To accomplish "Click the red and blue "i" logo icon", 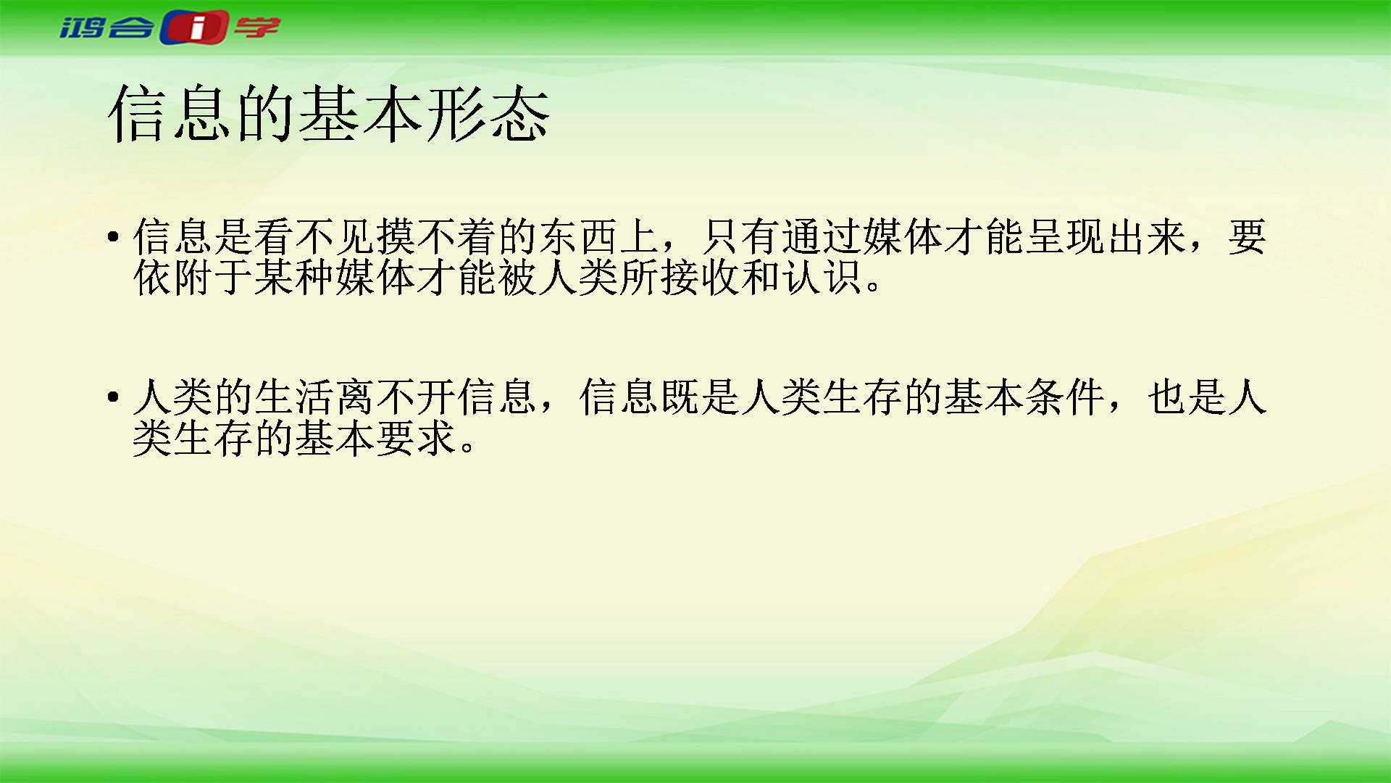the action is [194, 28].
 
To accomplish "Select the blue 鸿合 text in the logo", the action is [107, 28].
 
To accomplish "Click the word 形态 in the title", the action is [487, 113].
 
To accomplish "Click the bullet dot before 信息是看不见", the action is [112, 236].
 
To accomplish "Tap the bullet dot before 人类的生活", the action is [112, 397].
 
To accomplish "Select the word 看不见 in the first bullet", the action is [315, 236].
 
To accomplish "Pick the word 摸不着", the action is [437, 236].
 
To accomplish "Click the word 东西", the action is [579, 236].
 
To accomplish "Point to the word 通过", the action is [822, 236].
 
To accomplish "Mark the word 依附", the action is [173, 277].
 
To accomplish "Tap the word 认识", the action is [822, 277].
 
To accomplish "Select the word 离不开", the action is [396, 397].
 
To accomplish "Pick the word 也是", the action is [1187, 397].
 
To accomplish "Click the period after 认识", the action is [873, 286].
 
